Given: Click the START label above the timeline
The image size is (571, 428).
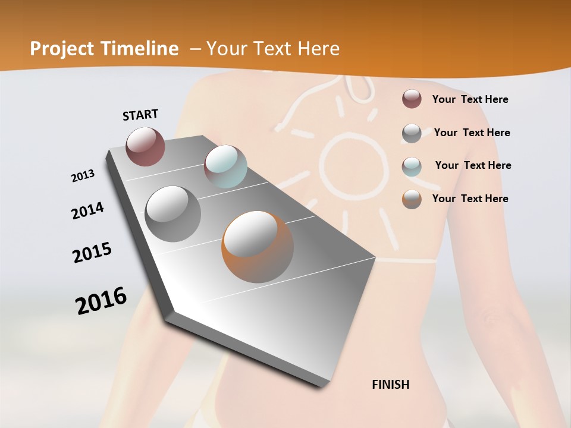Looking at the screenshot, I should (x=140, y=115).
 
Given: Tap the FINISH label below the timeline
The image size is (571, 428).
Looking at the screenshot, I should (x=390, y=385).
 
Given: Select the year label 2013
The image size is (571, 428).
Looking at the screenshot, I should (x=83, y=176).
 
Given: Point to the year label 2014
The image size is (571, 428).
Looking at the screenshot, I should (x=88, y=210).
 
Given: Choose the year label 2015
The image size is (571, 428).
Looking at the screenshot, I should (x=92, y=253).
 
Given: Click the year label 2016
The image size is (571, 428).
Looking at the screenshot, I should (x=101, y=300).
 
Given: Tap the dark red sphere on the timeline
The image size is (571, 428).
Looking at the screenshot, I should (x=145, y=146).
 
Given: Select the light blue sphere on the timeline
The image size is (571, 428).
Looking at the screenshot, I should (x=225, y=166).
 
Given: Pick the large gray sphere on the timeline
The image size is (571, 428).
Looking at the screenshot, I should (x=172, y=213).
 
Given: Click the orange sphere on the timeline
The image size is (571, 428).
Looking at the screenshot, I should (x=257, y=246).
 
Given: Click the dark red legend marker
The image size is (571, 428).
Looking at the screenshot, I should (x=412, y=99).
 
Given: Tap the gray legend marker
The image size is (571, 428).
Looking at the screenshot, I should (x=412, y=133).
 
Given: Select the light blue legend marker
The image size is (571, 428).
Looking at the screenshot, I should (x=412, y=166).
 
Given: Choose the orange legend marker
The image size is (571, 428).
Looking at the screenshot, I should (x=412, y=199).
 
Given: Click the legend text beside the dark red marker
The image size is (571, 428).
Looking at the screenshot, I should (x=470, y=99).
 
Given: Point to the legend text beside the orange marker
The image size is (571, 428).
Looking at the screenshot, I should (x=470, y=199).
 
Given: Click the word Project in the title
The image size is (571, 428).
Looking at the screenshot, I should (x=62, y=49).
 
